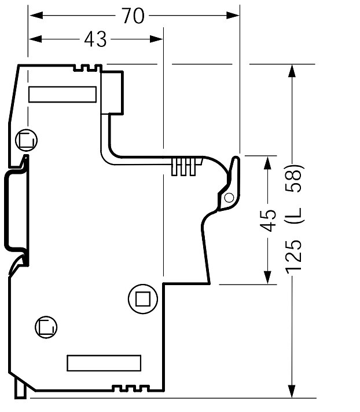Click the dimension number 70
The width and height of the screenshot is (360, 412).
tap(133, 16)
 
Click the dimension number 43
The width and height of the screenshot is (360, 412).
tap(95, 39)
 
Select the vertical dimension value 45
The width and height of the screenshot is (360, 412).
tap(267, 220)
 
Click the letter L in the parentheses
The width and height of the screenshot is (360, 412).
tap(295, 215)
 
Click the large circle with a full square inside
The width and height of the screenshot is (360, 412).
tap(143, 299)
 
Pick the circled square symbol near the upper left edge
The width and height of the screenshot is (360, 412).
tap(26, 140)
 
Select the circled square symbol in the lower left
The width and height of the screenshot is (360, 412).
tap(46, 327)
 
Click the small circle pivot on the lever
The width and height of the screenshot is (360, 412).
tap(229, 198)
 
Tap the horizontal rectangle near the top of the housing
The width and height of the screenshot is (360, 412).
tap(63, 94)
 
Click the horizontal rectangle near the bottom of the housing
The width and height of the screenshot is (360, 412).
tap(104, 363)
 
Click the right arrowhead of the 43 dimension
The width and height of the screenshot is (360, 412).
tap(156, 39)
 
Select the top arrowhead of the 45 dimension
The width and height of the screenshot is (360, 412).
tap(267, 163)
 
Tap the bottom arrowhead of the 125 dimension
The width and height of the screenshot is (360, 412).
tap(292, 391)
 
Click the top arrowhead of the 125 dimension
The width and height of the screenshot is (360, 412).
tap(292, 71)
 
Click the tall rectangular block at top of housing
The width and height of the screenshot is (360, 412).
tap(112, 93)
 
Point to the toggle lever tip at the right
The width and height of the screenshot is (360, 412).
tap(236, 158)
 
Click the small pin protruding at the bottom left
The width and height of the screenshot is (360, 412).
tap(20, 389)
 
